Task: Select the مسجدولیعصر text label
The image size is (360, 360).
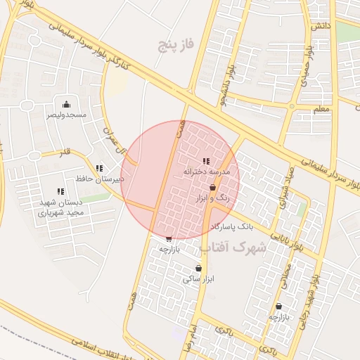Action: pyautogui.click(x=66, y=114)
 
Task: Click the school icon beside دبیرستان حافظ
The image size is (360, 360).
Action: pyautogui.click(x=99, y=168)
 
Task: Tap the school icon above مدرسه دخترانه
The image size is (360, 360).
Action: pyautogui.click(x=205, y=161)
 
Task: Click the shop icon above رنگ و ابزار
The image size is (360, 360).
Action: pyautogui.click(x=212, y=188)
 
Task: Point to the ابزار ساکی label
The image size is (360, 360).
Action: pyautogui.click(x=198, y=278)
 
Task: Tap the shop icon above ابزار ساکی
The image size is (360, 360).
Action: pyautogui.click(x=198, y=268)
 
